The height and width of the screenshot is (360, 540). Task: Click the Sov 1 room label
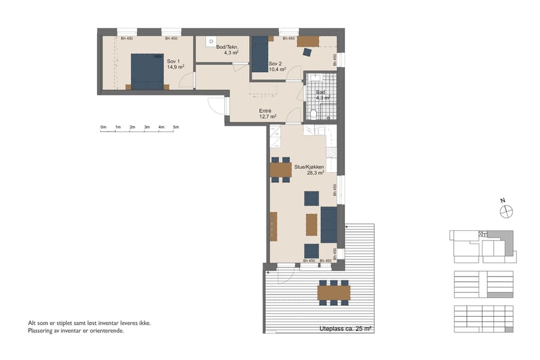click(x=173, y=61)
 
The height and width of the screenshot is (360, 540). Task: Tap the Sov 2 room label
click(x=275, y=64)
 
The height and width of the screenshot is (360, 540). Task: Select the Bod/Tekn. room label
click(x=227, y=47)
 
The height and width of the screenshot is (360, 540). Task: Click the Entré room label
click(x=265, y=110)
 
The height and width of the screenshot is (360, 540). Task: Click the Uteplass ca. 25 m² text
click(x=346, y=329)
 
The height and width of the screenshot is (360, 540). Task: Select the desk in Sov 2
click(x=308, y=41)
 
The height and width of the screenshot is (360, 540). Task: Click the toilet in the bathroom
click(x=314, y=114)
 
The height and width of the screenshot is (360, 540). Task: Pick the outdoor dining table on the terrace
click(x=334, y=292)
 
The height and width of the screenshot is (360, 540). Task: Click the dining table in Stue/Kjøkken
click(x=280, y=170)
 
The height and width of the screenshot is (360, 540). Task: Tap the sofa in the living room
click(x=328, y=224)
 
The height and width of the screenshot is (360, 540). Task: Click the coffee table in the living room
click(x=311, y=224)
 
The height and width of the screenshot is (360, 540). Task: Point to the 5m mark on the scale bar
click(x=176, y=127)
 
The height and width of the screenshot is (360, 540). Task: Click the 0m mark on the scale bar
click(x=103, y=127)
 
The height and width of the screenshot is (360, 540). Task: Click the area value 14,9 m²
click(x=175, y=67)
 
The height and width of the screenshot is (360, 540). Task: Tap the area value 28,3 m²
click(x=315, y=172)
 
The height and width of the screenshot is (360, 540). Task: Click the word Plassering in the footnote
click(x=42, y=330)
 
